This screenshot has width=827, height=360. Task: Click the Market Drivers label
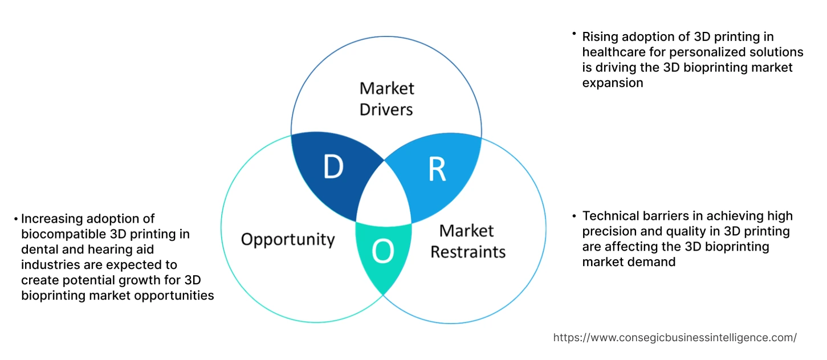tap(386, 99)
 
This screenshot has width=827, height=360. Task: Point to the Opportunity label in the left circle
tap(287, 239)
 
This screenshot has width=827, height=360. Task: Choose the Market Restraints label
tap(467, 241)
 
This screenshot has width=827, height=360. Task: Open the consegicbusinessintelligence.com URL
tap(675, 337)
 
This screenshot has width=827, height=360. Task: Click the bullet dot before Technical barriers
tap(574, 216)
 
